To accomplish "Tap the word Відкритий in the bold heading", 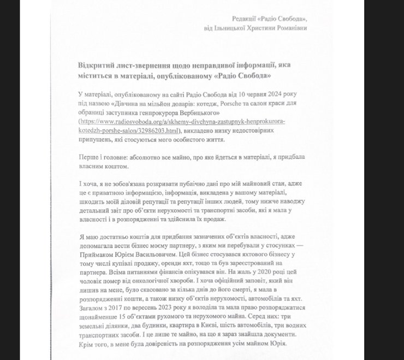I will tap(95, 65).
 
